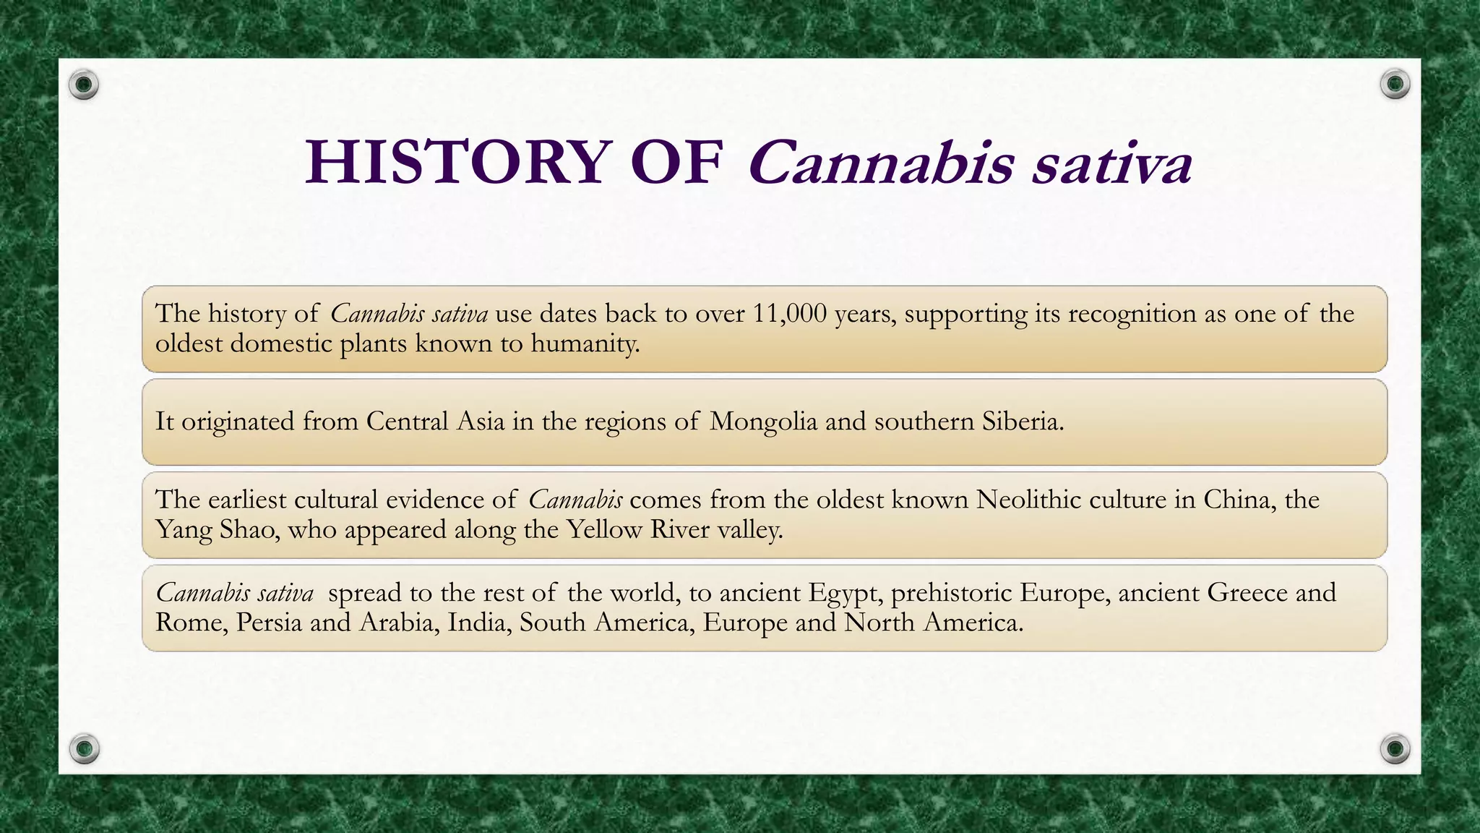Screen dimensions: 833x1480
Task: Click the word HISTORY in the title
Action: click(x=455, y=162)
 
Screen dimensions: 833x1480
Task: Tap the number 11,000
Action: click(x=789, y=314)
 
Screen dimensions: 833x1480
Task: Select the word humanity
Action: click(x=585, y=343)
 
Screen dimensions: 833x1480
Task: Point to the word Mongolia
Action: click(x=763, y=421)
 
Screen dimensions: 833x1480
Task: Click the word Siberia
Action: click(x=1023, y=421)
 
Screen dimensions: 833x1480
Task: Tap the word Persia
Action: click(x=268, y=623)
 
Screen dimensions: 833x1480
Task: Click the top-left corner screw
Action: click(x=84, y=85)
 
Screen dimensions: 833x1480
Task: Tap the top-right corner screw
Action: click(x=1395, y=85)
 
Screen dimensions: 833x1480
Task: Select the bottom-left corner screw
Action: click(x=84, y=748)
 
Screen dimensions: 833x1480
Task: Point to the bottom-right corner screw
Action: click(x=1395, y=748)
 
